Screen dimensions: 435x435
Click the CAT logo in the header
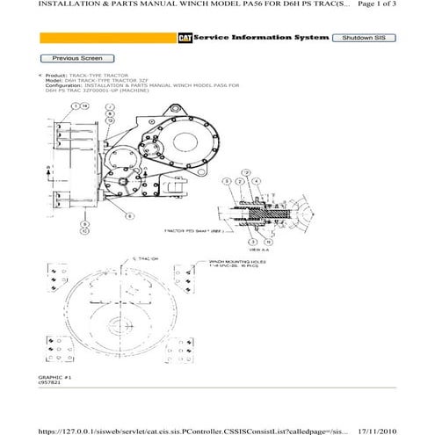click(185, 39)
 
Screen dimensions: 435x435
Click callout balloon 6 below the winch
click(131, 215)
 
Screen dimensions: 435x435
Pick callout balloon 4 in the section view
click(255, 180)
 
